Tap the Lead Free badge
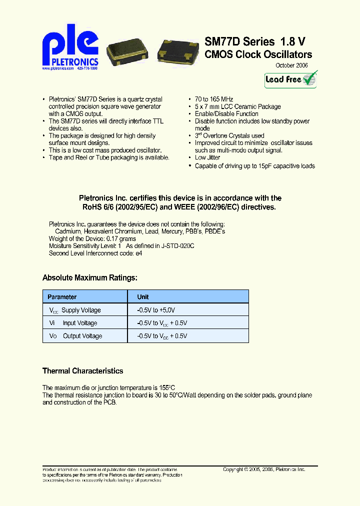coord(291,79)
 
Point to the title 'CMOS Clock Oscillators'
coord(258,54)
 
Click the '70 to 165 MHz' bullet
coord(214,99)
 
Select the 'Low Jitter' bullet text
coord(207,158)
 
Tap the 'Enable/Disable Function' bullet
coord(226,114)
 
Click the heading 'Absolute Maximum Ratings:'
coord(90,277)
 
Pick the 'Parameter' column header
coord(62,297)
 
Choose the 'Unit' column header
coord(143,297)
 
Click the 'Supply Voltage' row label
coord(81,310)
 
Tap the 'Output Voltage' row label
coord(82,336)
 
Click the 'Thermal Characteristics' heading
coord(82,371)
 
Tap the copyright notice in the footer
coord(263,469)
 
